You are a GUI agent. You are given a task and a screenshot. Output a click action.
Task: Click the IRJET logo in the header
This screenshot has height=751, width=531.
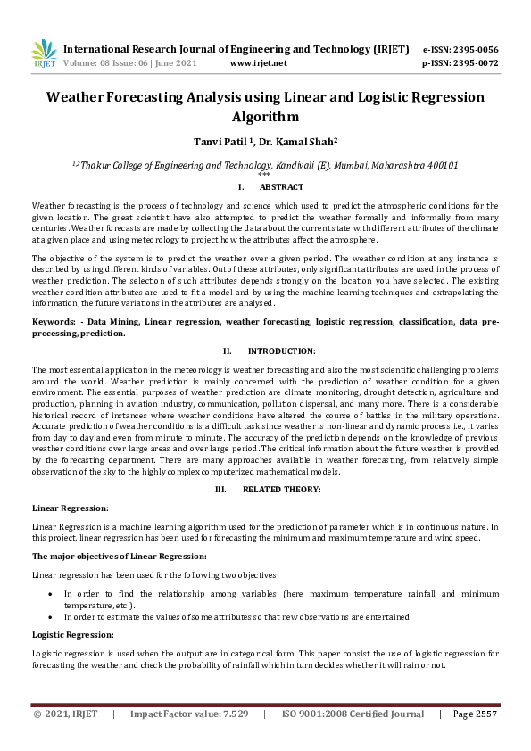click(44, 54)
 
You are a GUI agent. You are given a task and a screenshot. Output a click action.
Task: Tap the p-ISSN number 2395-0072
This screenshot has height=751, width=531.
click(476, 64)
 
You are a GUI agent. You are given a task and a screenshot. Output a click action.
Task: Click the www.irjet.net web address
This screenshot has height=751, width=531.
click(258, 64)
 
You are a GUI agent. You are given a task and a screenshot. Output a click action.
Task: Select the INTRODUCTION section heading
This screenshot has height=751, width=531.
click(281, 352)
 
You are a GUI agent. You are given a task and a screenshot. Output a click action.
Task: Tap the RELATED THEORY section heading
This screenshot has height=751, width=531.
click(281, 490)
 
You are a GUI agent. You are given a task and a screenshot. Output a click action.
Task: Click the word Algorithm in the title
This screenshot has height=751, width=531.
click(265, 116)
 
